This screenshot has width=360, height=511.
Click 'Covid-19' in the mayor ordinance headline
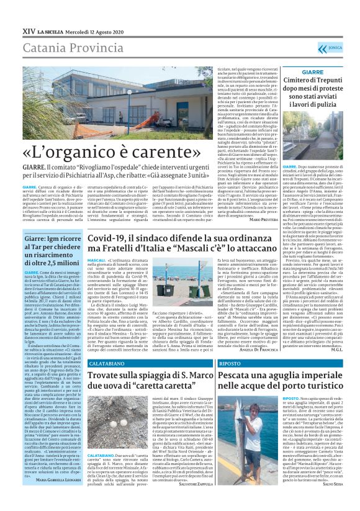pyautogui.click(x=112, y=238)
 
